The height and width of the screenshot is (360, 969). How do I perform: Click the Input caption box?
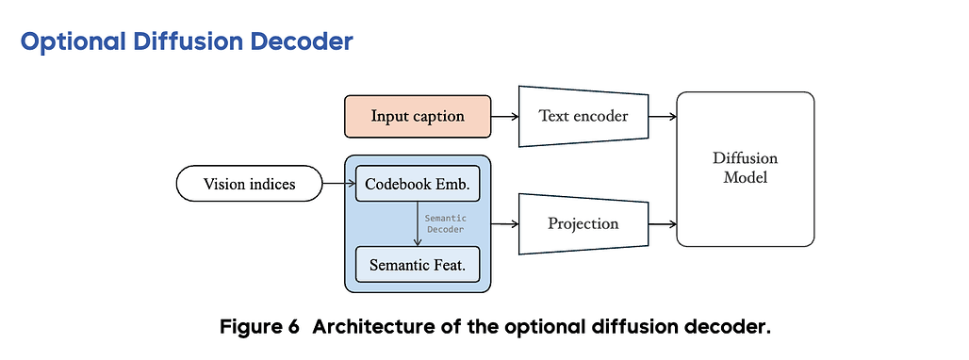click(x=418, y=116)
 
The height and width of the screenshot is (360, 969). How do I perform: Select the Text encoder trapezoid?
click(x=583, y=116)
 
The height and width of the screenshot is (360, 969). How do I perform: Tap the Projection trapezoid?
click(x=583, y=223)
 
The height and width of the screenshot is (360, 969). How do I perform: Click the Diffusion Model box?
click(x=746, y=169)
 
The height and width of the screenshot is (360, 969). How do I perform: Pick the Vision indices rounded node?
click(x=249, y=184)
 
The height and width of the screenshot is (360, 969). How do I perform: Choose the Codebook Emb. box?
click(x=418, y=184)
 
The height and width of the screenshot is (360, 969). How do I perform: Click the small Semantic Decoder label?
click(x=445, y=223)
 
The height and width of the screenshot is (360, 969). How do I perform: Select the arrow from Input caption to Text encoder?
click(x=505, y=116)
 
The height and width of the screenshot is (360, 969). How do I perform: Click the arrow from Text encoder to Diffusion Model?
click(x=663, y=116)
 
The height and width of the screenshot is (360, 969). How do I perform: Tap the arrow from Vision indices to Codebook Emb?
click(x=339, y=184)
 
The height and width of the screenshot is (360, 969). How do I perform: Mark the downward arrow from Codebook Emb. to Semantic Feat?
click(x=418, y=223)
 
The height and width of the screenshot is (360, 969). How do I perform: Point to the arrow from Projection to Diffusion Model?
click(x=663, y=223)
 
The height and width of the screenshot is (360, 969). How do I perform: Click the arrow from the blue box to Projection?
click(x=505, y=223)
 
